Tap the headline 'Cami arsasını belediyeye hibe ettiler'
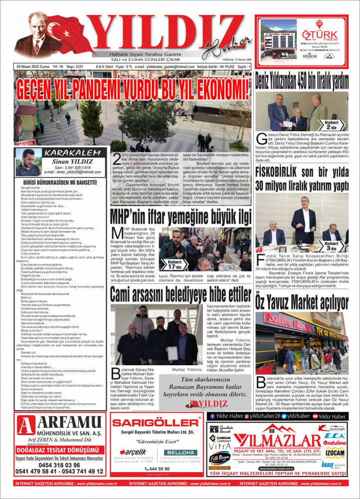[180, 294]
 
